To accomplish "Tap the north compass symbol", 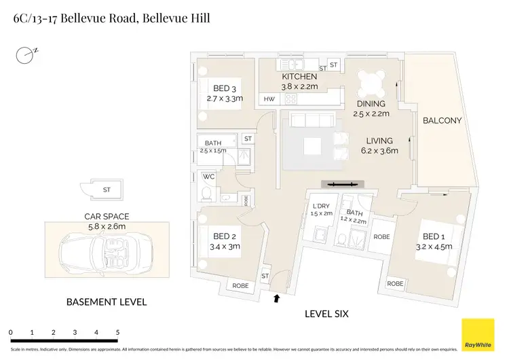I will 26,54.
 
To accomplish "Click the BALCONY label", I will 442,121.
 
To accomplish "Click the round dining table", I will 371,84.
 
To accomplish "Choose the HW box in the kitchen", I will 269,99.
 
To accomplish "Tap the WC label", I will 209,177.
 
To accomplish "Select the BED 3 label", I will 225,88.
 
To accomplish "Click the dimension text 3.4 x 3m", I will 225,247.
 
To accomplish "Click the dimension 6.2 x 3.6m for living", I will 379,151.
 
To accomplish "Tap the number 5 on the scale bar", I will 117,333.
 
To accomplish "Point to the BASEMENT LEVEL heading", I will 106,302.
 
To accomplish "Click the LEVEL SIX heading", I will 331,314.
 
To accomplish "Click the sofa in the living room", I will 311,121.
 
